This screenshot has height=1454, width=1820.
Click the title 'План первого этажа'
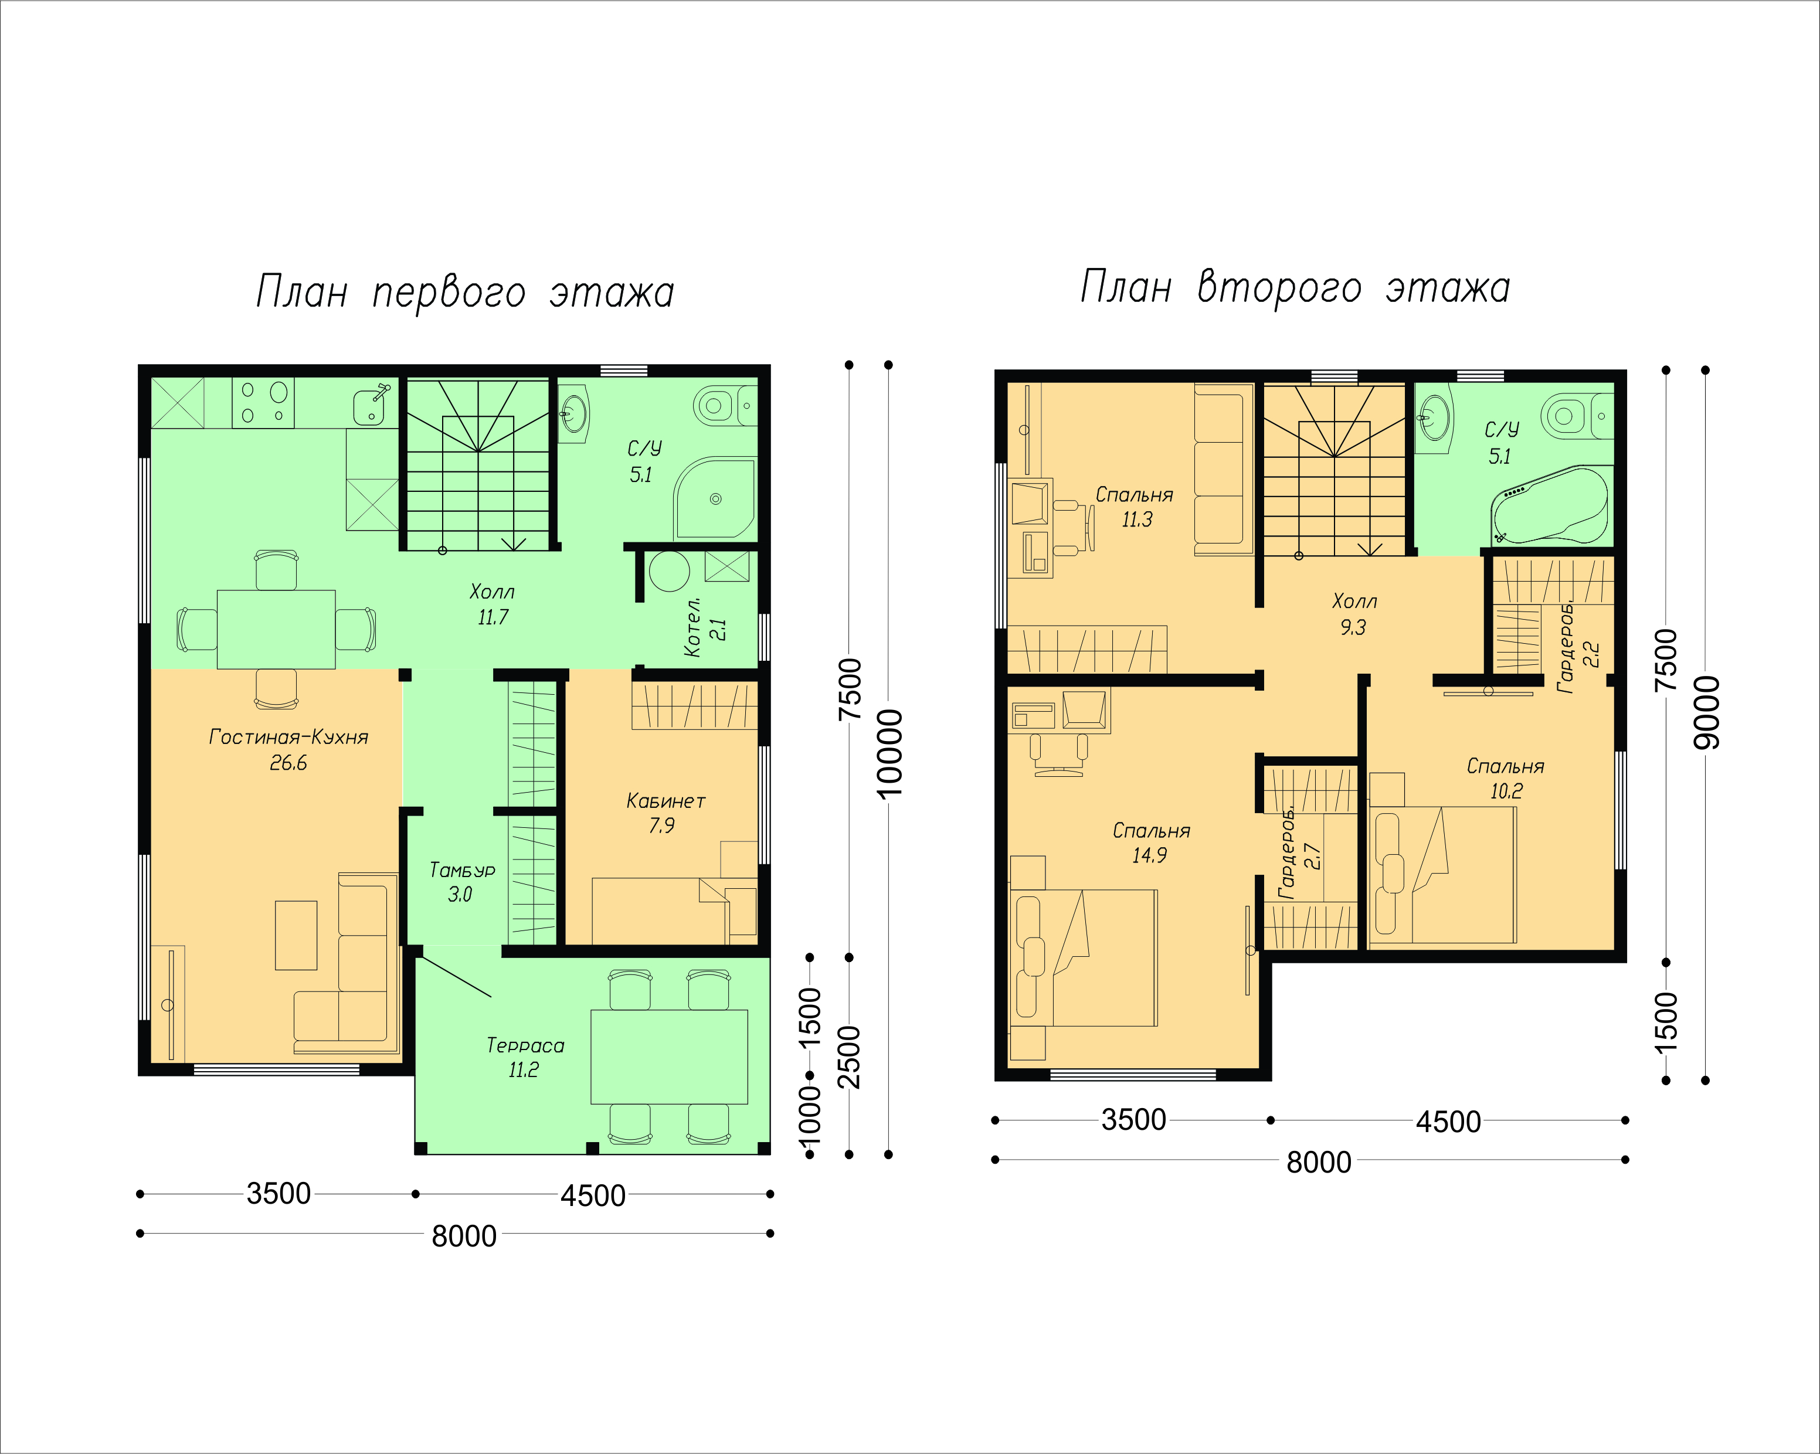465,292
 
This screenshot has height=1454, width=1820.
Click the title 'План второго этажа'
1295,287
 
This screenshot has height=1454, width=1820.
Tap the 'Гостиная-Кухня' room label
288,737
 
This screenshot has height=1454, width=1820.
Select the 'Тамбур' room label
463,870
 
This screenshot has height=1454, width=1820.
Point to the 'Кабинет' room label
665,801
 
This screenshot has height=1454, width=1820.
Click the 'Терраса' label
525,1045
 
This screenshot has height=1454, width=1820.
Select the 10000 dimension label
889,753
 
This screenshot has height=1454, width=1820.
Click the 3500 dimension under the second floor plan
1134,1120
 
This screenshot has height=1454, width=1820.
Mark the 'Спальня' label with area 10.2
1505,766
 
